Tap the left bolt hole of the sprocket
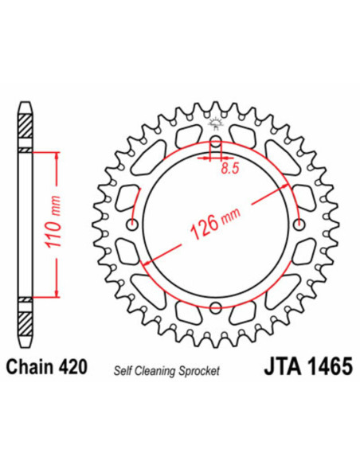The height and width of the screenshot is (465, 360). (131, 224)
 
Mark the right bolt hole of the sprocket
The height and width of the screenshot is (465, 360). (299, 224)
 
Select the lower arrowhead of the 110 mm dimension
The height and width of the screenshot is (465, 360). (57, 294)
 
